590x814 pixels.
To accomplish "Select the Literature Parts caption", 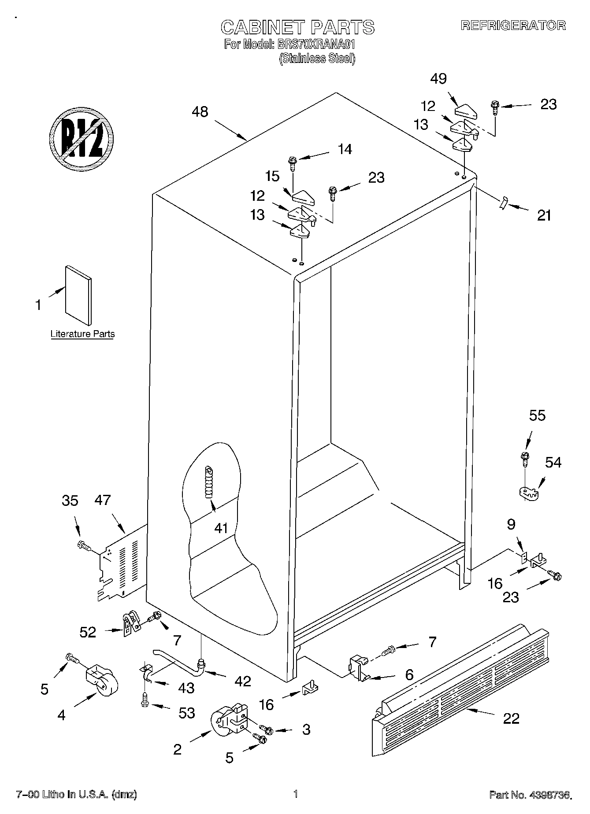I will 82,334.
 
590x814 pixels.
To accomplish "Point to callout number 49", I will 438,79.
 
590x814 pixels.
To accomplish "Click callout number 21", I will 544,215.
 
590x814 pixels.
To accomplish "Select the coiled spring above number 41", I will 209,482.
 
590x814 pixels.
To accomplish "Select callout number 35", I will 70,501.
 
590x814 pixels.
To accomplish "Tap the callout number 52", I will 88,632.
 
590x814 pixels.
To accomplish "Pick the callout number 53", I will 186,713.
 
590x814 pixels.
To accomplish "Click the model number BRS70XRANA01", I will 316,44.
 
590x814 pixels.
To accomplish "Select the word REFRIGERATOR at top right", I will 513,26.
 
